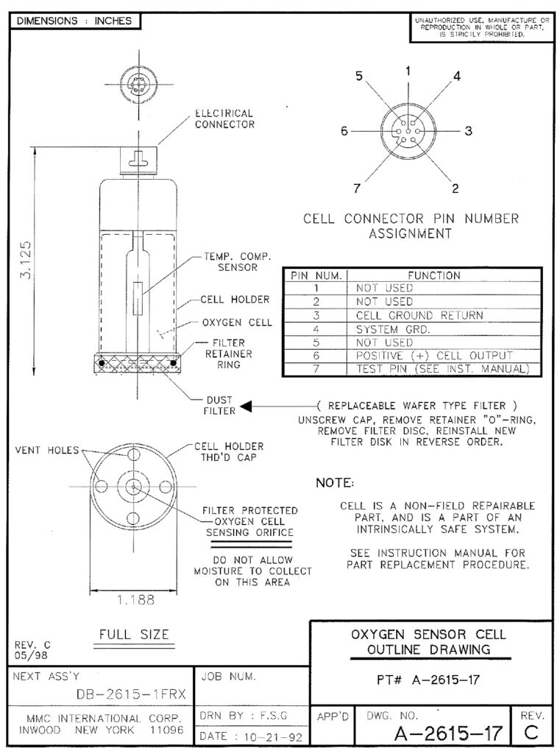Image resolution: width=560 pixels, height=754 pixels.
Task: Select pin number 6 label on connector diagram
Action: [344, 132]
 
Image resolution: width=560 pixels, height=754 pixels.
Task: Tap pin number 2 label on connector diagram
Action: [455, 188]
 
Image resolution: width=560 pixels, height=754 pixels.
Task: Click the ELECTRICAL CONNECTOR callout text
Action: [224, 119]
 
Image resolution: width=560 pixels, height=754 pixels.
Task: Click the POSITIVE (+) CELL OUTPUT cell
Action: [428, 356]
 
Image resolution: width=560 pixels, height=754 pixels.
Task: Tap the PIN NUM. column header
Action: [314, 275]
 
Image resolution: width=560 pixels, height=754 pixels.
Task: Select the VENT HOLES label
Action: [44, 450]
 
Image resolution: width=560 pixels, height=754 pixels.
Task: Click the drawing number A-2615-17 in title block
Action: [448, 733]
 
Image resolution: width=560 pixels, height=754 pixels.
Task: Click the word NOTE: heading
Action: [335, 483]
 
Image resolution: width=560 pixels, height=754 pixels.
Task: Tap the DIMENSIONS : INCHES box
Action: [71, 21]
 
